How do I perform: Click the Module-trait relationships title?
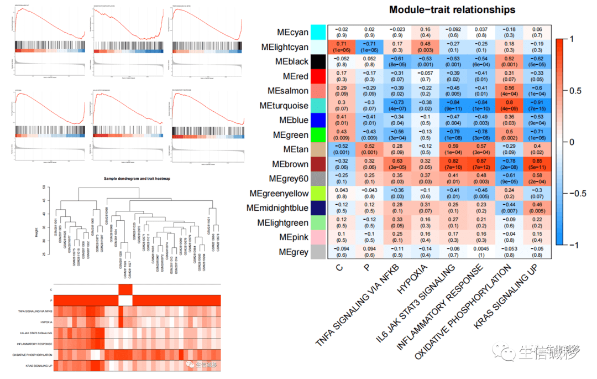click(x=452, y=10)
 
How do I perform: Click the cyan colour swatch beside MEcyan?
click(x=318, y=32)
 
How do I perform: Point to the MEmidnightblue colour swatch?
click(x=318, y=208)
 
